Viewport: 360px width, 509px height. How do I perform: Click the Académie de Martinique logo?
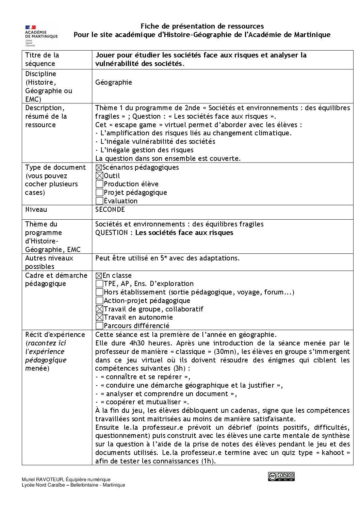(41, 35)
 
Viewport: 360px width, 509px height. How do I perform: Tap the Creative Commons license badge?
(281, 476)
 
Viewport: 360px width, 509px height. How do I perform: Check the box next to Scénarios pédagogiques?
(99, 168)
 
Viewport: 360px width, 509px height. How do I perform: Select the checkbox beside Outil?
(99, 176)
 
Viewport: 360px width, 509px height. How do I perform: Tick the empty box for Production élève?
(99, 184)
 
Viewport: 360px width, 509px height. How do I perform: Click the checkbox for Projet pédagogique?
(99, 193)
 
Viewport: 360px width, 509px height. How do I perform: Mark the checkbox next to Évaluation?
(99, 201)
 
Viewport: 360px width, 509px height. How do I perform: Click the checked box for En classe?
(99, 276)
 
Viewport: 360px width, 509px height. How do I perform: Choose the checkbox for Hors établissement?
(99, 292)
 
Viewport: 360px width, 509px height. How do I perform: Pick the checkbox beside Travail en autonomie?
(99, 317)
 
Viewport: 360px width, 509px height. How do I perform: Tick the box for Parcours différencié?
(99, 326)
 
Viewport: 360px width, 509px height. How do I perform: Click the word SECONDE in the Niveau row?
(110, 209)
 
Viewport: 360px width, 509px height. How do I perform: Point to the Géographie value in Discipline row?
(114, 82)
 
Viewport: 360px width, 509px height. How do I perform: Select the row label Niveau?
(36, 209)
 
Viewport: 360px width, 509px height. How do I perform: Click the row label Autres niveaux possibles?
(49, 262)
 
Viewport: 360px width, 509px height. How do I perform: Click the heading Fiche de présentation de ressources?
(202, 26)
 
